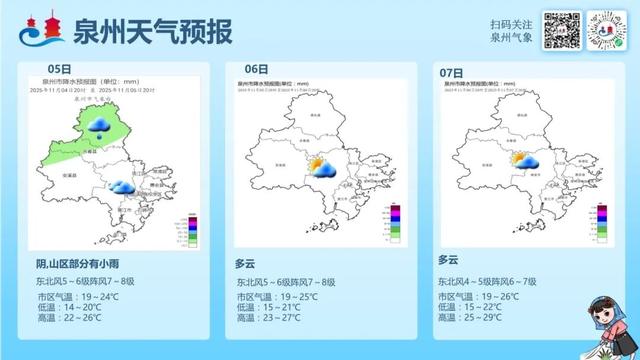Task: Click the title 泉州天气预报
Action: pos(152,32)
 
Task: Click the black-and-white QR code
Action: pos(562,31)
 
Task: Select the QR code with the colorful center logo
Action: pos(606,31)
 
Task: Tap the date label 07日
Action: pos(452,73)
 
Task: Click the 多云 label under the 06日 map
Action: pos(246,264)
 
